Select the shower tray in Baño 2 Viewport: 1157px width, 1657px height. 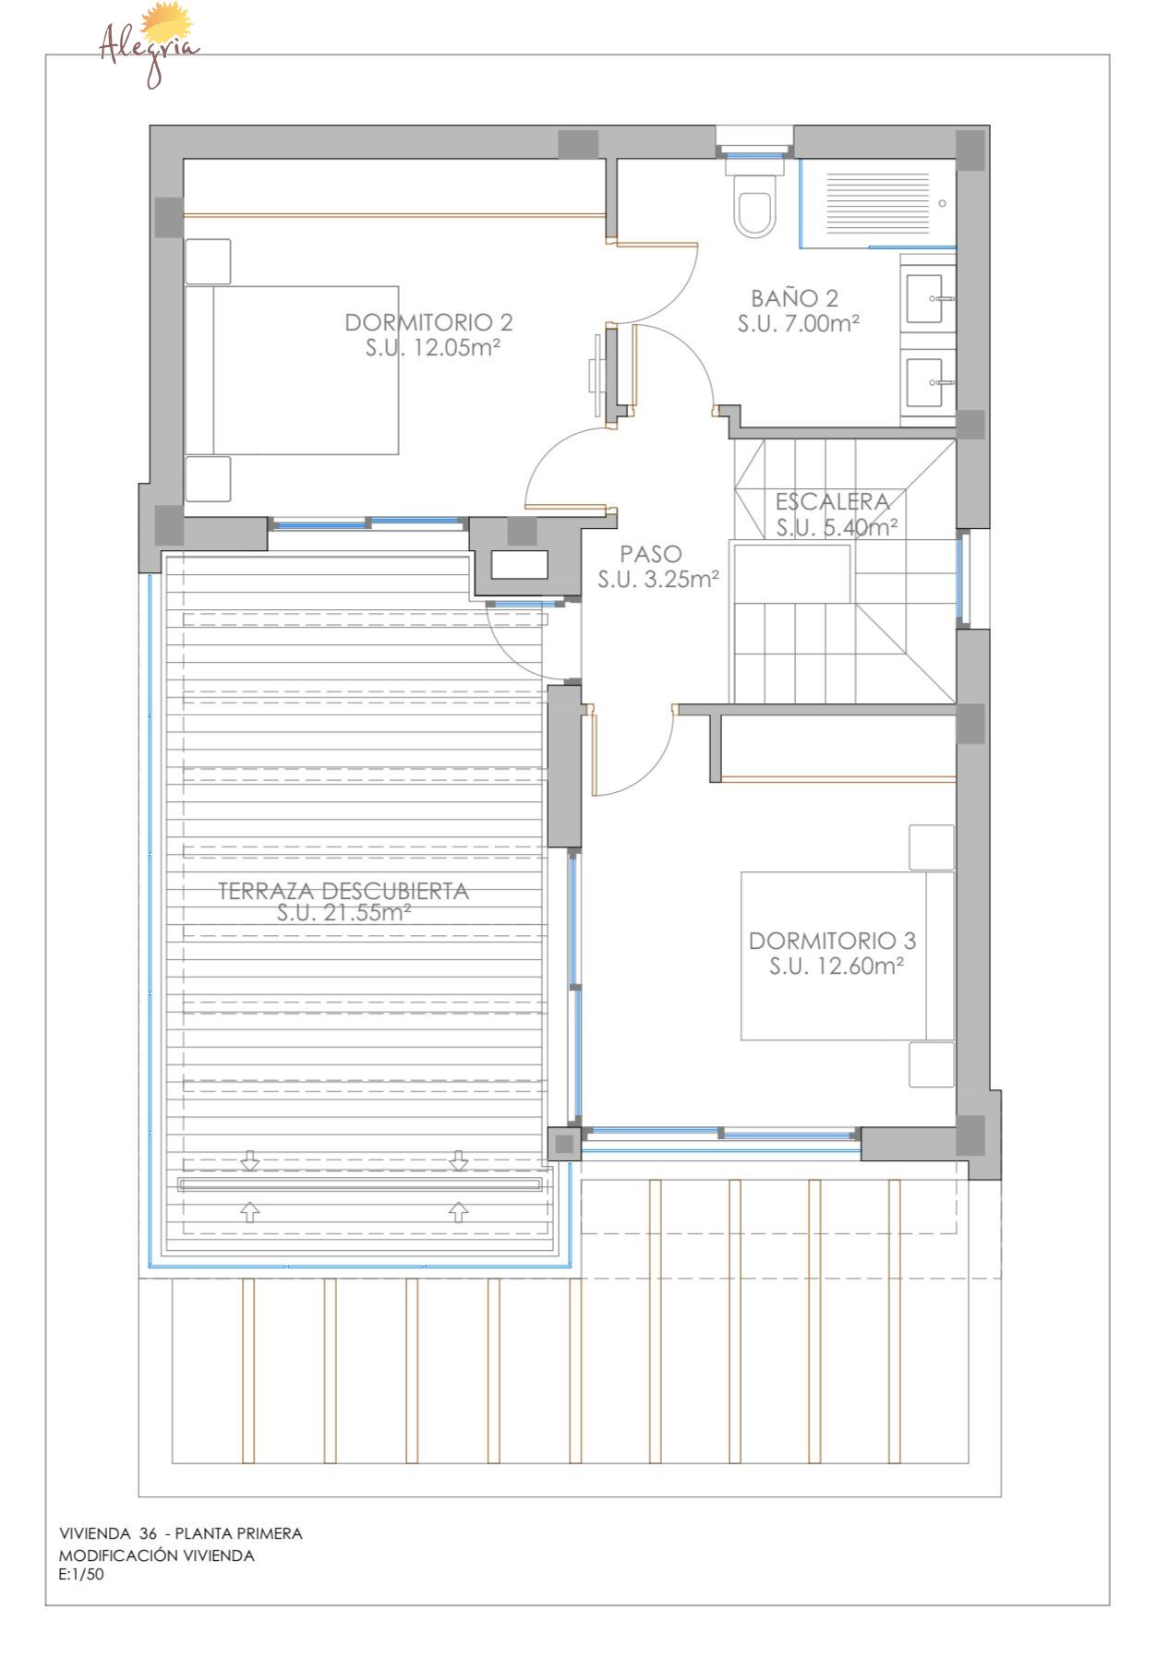click(877, 203)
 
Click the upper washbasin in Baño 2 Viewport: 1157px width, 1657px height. click(929, 298)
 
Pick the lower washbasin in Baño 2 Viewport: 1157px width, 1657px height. click(929, 382)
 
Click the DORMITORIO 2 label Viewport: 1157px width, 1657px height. click(428, 322)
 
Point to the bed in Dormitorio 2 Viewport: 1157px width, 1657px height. click(292, 369)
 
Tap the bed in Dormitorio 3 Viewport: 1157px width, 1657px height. click(848, 955)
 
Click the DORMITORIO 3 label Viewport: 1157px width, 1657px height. click(832, 941)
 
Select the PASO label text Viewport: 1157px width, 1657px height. click(651, 554)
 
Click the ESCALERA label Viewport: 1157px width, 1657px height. click(833, 502)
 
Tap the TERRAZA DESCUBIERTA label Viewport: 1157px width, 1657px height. click(343, 891)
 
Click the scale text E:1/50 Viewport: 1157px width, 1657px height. click(81, 1575)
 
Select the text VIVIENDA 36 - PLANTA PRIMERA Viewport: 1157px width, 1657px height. click(181, 1533)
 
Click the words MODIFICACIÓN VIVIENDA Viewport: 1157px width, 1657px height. click(156, 1555)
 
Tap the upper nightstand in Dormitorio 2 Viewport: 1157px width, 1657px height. click(208, 261)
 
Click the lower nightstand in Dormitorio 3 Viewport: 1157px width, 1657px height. click(932, 1064)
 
